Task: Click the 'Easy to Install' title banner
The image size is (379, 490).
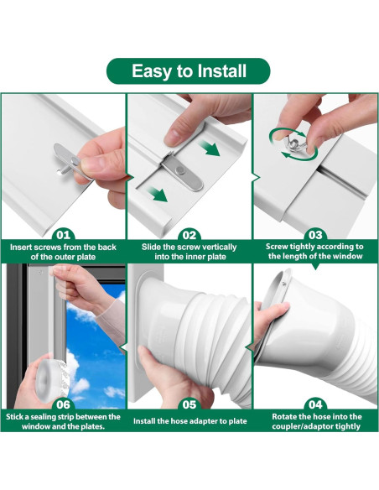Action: [x=189, y=70]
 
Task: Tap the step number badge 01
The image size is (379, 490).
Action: [x=63, y=235]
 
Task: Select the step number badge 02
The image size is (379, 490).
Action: [x=189, y=235]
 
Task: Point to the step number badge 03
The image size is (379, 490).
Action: [x=315, y=235]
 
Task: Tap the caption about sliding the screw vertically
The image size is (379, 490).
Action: [x=189, y=253]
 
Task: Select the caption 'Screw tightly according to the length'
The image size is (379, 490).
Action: [x=315, y=253]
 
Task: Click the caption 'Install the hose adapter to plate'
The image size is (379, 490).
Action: [x=189, y=417]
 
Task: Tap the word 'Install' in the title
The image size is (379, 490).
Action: [x=220, y=70]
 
